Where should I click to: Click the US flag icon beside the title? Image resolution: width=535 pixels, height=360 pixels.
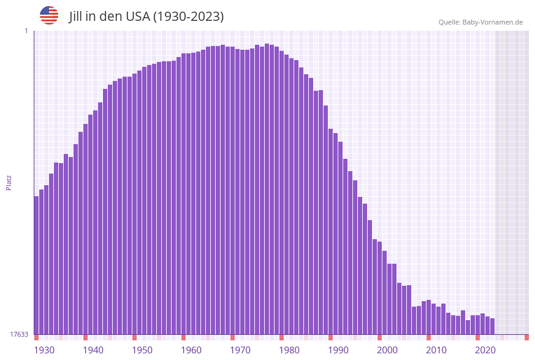tap(49, 15)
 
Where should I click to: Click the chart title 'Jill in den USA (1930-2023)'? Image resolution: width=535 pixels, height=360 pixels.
tap(146, 17)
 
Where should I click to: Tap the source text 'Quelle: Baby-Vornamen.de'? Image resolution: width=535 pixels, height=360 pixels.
tap(480, 22)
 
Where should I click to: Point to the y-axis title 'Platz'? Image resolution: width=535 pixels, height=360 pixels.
tap(9, 182)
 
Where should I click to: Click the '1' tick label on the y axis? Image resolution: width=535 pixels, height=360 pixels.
tap(26, 31)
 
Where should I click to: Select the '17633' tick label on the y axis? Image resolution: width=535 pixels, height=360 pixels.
tap(19, 334)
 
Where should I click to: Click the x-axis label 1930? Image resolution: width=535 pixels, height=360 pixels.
tap(44, 350)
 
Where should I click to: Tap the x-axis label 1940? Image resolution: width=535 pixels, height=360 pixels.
tap(93, 350)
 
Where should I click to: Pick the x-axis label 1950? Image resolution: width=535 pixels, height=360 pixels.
tap(142, 350)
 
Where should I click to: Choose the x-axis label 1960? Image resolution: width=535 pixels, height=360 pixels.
tap(191, 350)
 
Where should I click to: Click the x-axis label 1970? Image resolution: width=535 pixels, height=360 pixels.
tap(240, 350)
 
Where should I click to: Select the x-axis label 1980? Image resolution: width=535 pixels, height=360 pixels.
tap(289, 350)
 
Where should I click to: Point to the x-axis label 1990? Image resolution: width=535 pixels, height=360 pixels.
tap(338, 350)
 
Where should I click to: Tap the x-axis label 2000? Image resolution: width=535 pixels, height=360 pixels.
tap(387, 350)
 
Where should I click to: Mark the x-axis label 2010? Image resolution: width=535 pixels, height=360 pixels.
tap(436, 350)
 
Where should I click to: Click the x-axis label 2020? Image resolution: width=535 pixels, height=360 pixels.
tap(485, 350)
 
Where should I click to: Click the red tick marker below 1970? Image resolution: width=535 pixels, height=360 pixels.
tap(233, 337)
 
